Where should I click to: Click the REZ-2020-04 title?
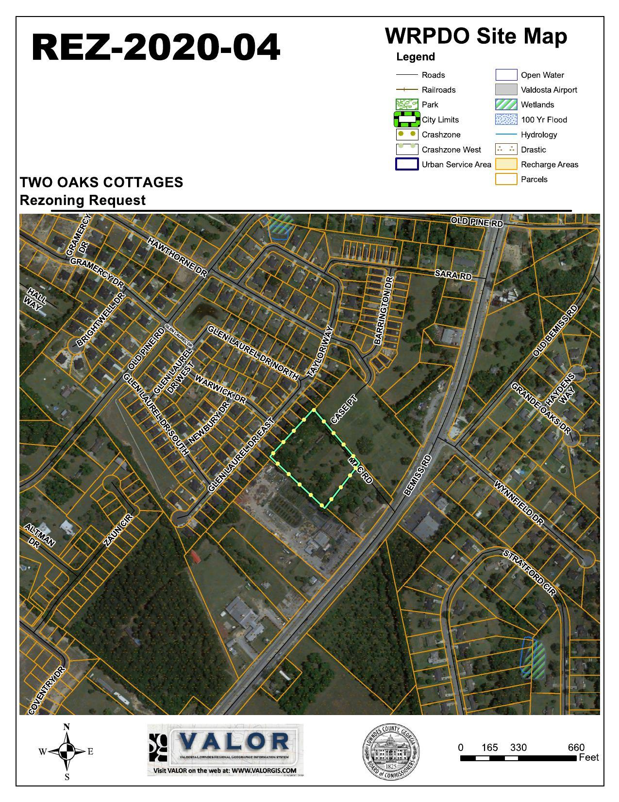(x=156, y=48)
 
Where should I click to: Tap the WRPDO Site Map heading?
(x=476, y=36)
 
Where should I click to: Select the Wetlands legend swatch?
(x=506, y=104)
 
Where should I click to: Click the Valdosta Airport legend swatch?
(x=506, y=90)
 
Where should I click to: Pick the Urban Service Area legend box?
(x=406, y=164)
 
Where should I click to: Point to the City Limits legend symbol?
(x=406, y=119)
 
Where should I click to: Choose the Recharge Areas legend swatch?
(x=506, y=164)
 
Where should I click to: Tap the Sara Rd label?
(x=453, y=274)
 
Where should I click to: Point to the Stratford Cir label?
(x=529, y=573)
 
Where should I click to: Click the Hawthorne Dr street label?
(x=177, y=257)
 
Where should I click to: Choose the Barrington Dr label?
(x=383, y=311)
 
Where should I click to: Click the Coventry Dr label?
(x=47, y=690)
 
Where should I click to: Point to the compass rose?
(x=67, y=751)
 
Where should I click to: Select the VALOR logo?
(x=225, y=750)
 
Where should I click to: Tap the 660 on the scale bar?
(x=576, y=748)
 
